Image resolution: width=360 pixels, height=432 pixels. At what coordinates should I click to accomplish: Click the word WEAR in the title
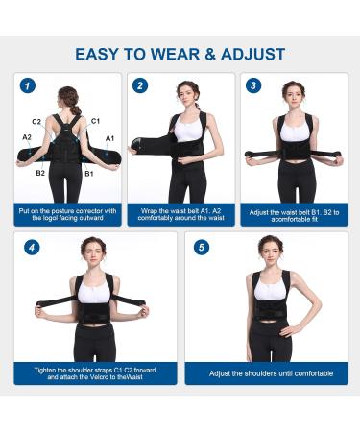[182, 54]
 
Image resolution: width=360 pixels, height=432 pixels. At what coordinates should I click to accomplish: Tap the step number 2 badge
[141, 85]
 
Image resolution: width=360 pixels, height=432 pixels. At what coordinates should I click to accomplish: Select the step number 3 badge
[253, 85]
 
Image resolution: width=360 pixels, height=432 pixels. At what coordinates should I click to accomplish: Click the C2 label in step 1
[36, 122]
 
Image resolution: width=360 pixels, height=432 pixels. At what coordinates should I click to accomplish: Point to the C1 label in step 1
[95, 122]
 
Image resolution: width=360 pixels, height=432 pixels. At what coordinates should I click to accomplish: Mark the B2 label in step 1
[40, 174]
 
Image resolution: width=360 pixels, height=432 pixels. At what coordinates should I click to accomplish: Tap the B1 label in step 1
[89, 174]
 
